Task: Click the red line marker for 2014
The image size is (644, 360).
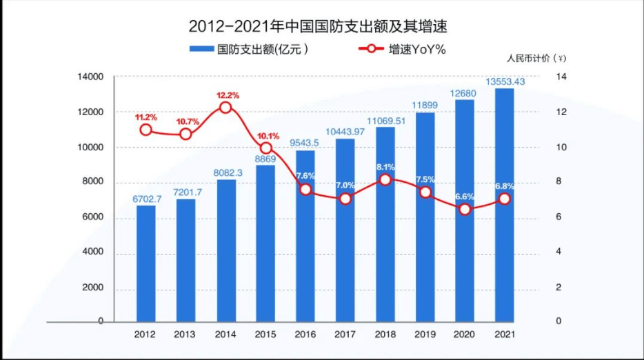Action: [x=225, y=107]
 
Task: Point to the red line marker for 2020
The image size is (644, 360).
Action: [x=465, y=209]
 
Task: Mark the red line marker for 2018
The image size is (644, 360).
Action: [x=385, y=179]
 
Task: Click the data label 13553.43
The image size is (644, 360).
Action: [x=505, y=81]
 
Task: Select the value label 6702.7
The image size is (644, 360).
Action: [x=147, y=199]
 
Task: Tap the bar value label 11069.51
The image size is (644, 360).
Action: [x=385, y=121]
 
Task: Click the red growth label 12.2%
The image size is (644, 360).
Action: [x=228, y=95]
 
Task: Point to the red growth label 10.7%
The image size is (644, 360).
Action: [x=188, y=121]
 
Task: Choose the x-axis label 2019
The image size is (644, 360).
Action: [x=425, y=334]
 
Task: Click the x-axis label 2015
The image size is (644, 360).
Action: [x=265, y=334]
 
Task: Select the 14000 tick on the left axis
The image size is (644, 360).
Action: [x=90, y=77]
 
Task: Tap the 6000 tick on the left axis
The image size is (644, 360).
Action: [x=92, y=217]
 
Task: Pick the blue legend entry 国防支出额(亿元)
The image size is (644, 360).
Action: [x=249, y=50]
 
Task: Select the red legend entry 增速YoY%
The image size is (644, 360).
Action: [x=402, y=50]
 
